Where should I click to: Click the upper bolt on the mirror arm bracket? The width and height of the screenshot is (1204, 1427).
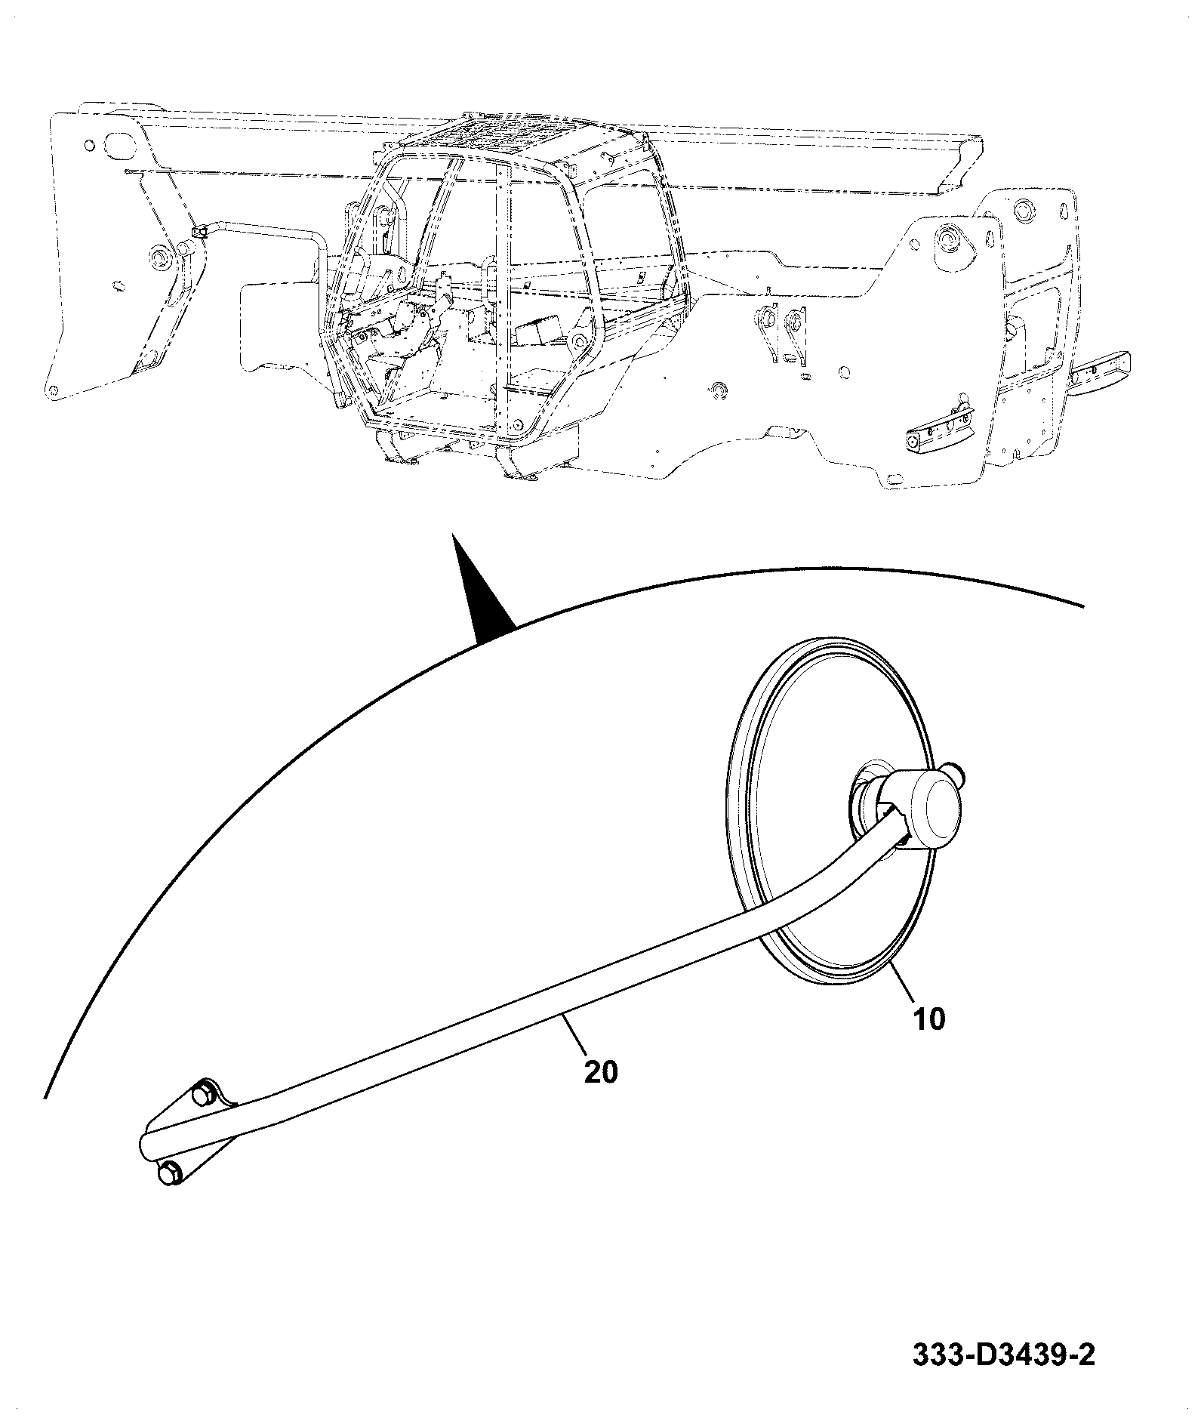click(203, 1094)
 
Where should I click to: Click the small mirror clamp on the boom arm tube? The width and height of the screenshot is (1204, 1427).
click(199, 233)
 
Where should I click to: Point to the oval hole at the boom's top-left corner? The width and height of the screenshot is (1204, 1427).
click(119, 143)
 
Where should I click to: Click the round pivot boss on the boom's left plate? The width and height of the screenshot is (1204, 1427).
click(162, 258)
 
